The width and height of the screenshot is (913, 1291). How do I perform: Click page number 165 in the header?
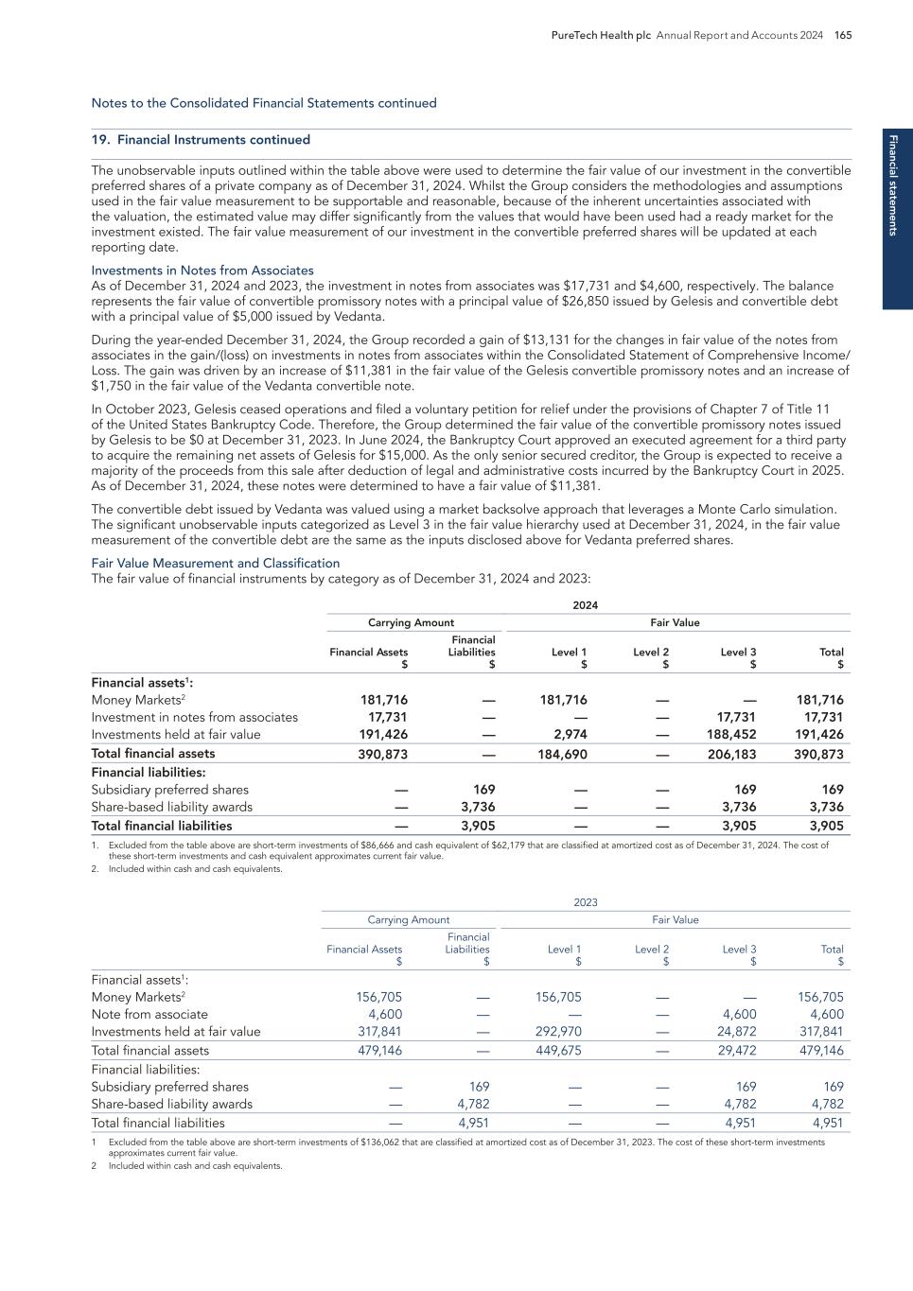[843, 35]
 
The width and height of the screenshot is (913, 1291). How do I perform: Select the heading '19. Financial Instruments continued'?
[201, 140]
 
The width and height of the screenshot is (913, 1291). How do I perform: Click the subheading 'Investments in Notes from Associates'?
[202, 270]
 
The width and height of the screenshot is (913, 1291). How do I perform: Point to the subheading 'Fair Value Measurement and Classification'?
[215, 563]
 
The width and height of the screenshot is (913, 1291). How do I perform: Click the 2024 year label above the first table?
[585, 605]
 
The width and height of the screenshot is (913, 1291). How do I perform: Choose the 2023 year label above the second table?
[585, 903]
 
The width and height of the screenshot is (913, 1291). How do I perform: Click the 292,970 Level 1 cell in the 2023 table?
[558, 1032]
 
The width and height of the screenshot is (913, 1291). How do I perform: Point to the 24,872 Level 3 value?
[736, 1032]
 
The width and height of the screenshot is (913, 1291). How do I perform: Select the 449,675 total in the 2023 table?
[558, 1051]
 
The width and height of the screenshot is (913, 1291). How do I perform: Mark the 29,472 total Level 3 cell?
[736, 1051]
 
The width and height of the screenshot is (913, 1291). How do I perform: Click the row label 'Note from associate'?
[149, 1015]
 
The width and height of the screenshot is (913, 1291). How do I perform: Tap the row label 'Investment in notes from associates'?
[194, 718]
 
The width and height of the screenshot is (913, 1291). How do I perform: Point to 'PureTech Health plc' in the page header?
[601, 35]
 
